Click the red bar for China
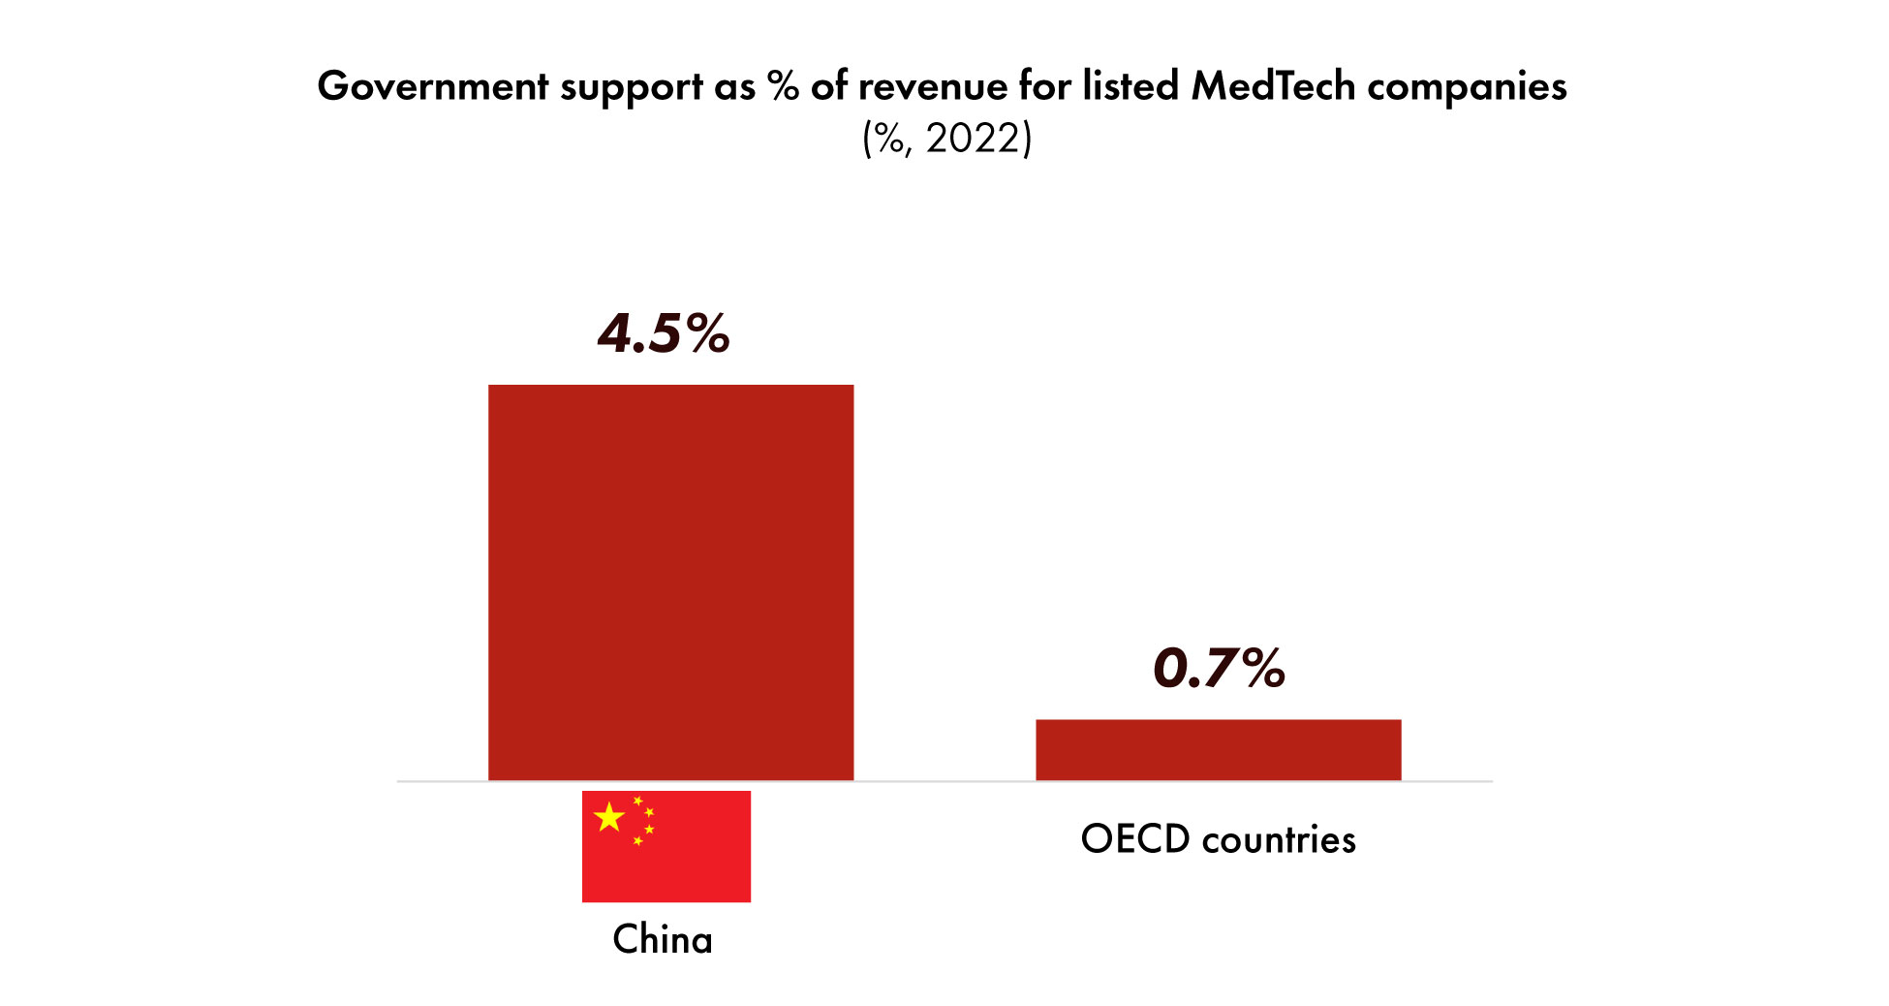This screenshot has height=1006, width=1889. pos(670,582)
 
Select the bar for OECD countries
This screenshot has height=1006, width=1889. pos(1218,749)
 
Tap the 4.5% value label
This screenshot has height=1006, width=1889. pos(664,333)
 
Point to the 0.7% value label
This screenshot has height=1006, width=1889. pos(1219,668)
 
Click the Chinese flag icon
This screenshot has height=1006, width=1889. pos(666,846)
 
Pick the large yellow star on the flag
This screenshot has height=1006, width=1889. pos(609,817)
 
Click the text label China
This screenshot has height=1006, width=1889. pos(663,939)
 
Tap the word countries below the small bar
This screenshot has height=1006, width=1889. pos(1279,839)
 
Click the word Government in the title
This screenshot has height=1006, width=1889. pos(433,86)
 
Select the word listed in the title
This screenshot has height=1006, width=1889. pos(1130,86)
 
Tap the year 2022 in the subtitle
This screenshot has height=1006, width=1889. pos(973,139)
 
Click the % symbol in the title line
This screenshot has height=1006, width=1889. pos(783,86)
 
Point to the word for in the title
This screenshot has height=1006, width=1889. pos(1044,86)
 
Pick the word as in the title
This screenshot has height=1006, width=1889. pos(734,88)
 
